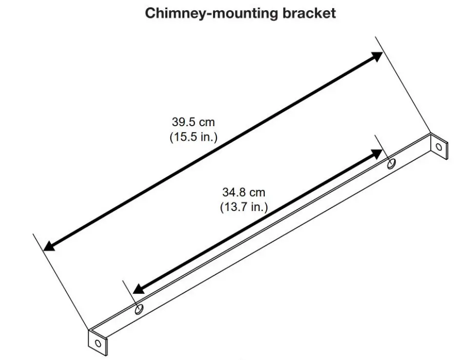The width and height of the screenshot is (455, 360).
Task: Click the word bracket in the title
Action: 309,13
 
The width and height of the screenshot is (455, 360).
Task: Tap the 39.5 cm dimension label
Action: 193,122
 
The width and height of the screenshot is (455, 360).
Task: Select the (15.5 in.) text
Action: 193,137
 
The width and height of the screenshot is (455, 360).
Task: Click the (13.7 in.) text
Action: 244,208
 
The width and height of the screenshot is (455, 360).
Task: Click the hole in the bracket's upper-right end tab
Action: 438,146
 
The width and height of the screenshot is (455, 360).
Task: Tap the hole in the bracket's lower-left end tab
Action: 98,342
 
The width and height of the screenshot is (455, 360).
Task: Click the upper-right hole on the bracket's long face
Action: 391,164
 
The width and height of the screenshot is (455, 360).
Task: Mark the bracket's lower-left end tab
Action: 97,341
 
